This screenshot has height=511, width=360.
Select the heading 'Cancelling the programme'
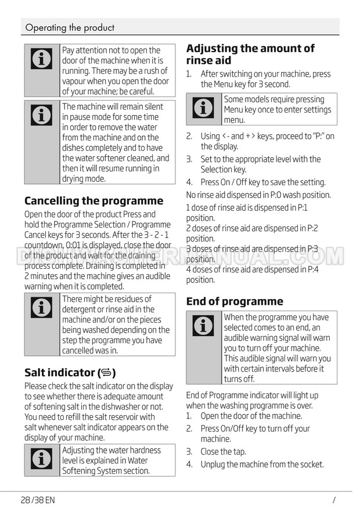click(94, 201)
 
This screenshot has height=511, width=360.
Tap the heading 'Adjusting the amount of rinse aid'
click(250, 54)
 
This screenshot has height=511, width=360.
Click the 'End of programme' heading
click(235, 301)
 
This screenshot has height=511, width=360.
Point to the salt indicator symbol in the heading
click(106, 373)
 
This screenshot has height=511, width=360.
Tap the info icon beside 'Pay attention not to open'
click(41, 59)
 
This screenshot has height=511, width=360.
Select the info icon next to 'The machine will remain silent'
click(41, 116)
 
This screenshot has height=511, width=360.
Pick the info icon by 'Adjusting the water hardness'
click(41, 459)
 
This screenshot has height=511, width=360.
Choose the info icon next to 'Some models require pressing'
click(203, 107)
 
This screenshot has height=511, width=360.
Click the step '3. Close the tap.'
click(216, 451)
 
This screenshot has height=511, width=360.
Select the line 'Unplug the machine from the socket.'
click(262, 464)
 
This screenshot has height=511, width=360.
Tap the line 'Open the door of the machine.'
click(251, 416)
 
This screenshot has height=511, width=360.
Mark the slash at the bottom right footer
click(334, 499)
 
